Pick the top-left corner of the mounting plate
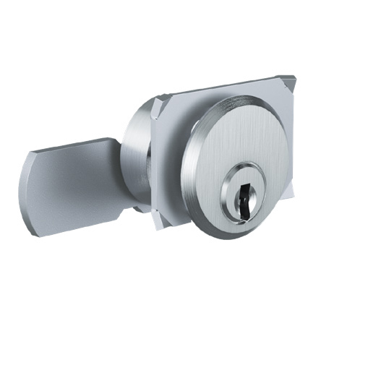154,104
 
